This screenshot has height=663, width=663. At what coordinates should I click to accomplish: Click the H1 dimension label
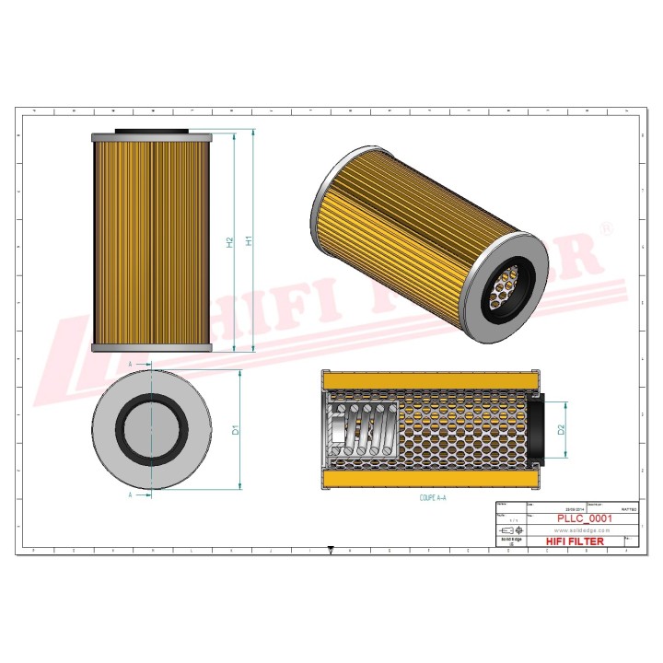[x=249, y=242]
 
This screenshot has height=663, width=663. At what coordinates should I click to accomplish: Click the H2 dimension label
[x=230, y=242]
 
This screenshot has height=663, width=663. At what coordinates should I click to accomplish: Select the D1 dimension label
[x=236, y=430]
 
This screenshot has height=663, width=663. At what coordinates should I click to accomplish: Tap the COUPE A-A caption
[x=426, y=496]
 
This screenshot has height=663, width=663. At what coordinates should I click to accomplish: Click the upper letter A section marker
[x=131, y=366]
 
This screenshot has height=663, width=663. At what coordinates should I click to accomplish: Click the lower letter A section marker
[x=131, y=494]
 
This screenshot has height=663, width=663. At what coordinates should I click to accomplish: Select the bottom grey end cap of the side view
[x=151, y=348]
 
